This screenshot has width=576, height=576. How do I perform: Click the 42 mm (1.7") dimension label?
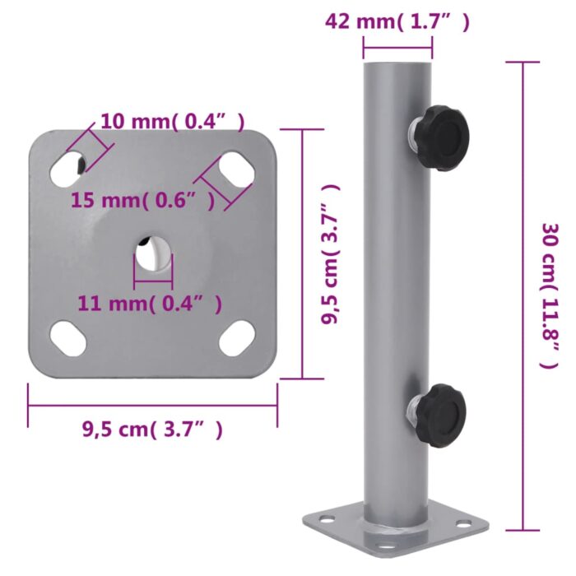[x=397, y=22]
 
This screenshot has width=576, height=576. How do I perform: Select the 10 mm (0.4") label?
[x=172, y=122]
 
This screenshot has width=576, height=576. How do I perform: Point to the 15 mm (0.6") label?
[x=143, y=199]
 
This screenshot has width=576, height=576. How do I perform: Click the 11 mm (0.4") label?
[x=150, y=304]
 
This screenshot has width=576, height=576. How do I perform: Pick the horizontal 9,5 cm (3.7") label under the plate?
[x=152, y=429]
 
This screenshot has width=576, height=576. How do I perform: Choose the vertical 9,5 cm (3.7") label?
[x=331, y=254]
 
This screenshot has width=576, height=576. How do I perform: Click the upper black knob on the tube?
[x=439, y=130]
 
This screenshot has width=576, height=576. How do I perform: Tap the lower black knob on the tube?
[x=438, y=414]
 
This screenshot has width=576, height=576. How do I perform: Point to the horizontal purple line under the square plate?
[x=153, y=404]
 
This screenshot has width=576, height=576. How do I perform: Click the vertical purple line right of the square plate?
[x=302, y=253]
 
